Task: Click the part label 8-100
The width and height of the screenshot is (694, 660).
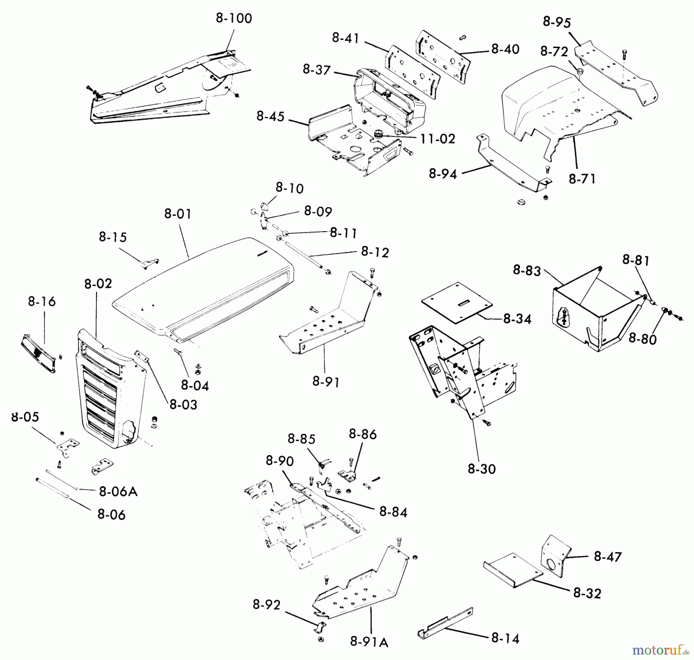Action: pos(234,18)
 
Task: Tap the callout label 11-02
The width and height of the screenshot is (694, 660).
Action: pos(438,139)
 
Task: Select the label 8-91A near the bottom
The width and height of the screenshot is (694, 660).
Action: pos(369,641)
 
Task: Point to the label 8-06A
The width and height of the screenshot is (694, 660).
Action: pos(118,491)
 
